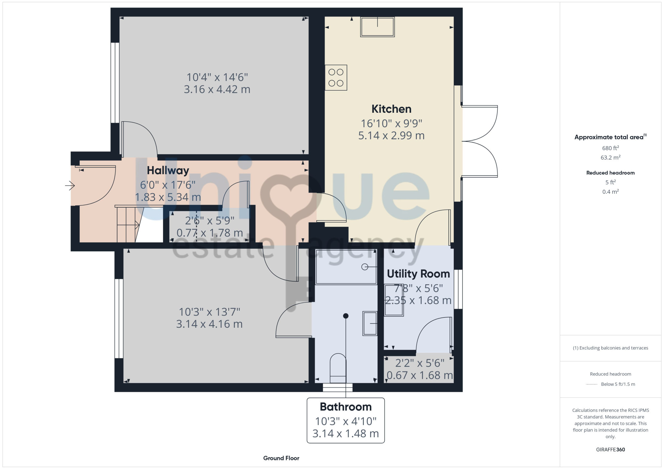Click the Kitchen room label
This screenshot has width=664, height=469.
point(391,109)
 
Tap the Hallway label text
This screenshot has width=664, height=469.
point(168,170)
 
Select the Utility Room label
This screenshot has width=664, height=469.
point(418,274)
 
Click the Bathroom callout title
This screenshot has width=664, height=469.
point(346,407)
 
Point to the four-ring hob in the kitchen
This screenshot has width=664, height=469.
point(336,78)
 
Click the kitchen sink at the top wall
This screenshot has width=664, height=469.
point(377,27)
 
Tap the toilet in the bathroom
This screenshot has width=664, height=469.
point(338,368)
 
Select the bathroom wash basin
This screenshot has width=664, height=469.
point(370,323)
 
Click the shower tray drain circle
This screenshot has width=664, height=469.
point(365,267)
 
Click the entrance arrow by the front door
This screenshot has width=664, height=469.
point(70,185)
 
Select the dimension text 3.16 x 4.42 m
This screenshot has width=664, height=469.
point(217,90)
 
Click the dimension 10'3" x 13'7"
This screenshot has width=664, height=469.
point(209,312)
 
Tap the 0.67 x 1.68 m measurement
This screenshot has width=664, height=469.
point(420,375)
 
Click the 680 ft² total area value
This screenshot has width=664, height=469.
point(611,148)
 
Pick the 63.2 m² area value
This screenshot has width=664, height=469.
point(611,158)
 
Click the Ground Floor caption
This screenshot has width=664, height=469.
point(281,458)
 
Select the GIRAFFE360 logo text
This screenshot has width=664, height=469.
point(611,450)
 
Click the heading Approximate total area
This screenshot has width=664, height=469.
point(611,137)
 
